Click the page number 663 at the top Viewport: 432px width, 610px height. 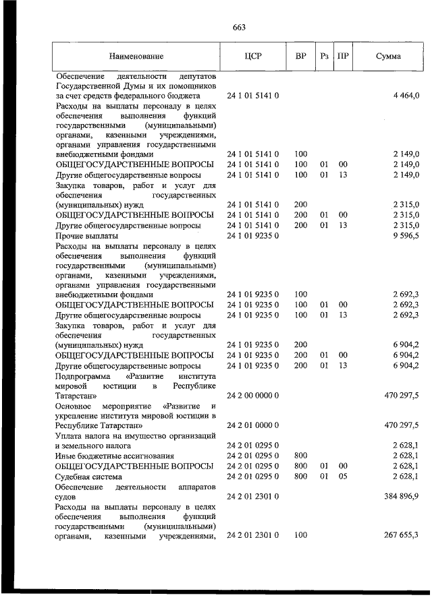pos(238,27)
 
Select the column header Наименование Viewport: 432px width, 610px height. pos(138,57)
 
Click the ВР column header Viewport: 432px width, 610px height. pos(300,57)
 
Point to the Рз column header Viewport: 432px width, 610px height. pos(325,57)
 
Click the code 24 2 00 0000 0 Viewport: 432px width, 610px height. pos(253,395)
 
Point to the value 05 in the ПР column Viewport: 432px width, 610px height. pos(343,476)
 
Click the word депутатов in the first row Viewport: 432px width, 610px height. pos(194,76)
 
